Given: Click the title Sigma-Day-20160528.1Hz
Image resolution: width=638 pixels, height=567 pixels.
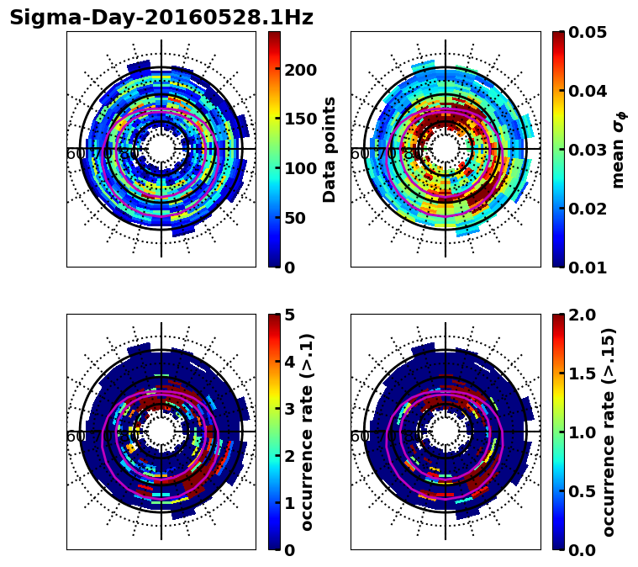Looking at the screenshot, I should click(x=161, y=18).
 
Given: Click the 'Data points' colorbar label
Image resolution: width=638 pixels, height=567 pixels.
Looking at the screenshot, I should click(x=330, y=149).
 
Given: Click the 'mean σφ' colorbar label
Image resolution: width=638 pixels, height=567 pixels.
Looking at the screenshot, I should click(x=618, y=150).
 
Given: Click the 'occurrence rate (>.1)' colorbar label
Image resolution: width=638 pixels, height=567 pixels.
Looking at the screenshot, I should click(x=307, y=432).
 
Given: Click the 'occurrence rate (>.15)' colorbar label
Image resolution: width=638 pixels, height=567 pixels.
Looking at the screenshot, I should click(x=609, y=432).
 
